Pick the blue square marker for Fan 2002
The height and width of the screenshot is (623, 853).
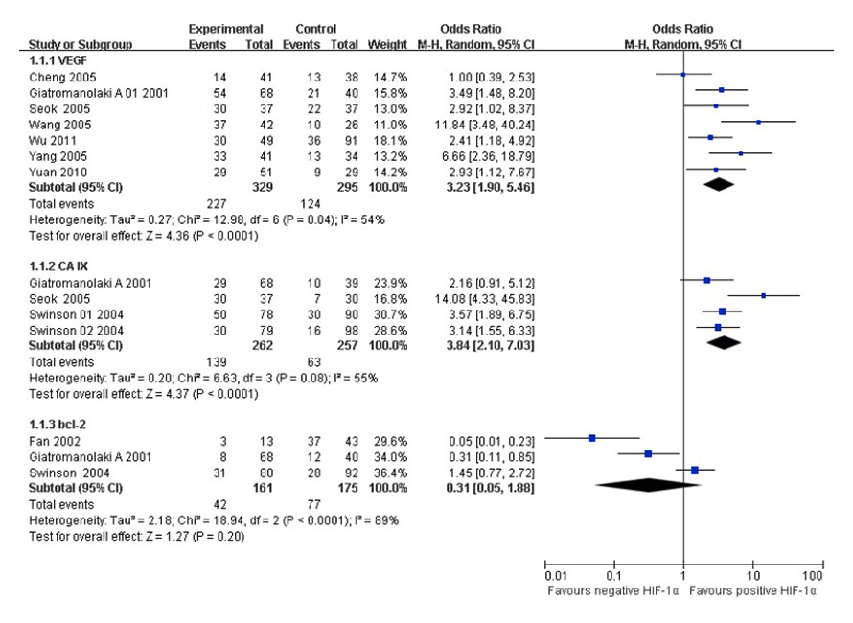pos(592,438)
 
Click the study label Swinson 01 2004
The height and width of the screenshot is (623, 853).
pos(63,311)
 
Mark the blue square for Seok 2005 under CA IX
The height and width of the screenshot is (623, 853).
pos(763,296)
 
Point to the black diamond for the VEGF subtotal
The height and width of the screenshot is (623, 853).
pos(723,186)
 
